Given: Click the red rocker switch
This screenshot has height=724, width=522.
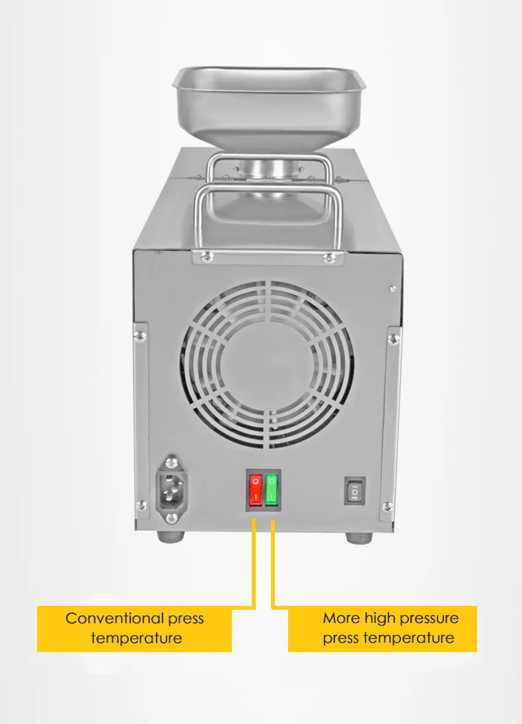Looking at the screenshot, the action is tap(256, 489).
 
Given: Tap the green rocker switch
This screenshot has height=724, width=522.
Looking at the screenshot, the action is tap(272, 489).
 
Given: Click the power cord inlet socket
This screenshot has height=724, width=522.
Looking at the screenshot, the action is tap(171, 489).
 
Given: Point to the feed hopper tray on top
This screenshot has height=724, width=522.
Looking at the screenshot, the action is tap(269, 99).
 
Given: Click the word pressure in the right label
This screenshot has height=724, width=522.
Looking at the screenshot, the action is tap(428, 618).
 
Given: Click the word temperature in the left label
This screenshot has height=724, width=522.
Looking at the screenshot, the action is tap(136, 638).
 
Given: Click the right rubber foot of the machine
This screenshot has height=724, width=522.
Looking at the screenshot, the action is tap(357, 535).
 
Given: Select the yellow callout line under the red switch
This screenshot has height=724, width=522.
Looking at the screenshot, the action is tap(254, 561).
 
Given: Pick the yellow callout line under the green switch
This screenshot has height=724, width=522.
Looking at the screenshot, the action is tap(273, 561).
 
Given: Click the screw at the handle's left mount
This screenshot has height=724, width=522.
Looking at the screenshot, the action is tap(207, 256).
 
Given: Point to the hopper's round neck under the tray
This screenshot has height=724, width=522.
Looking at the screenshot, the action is tap(268, 166).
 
